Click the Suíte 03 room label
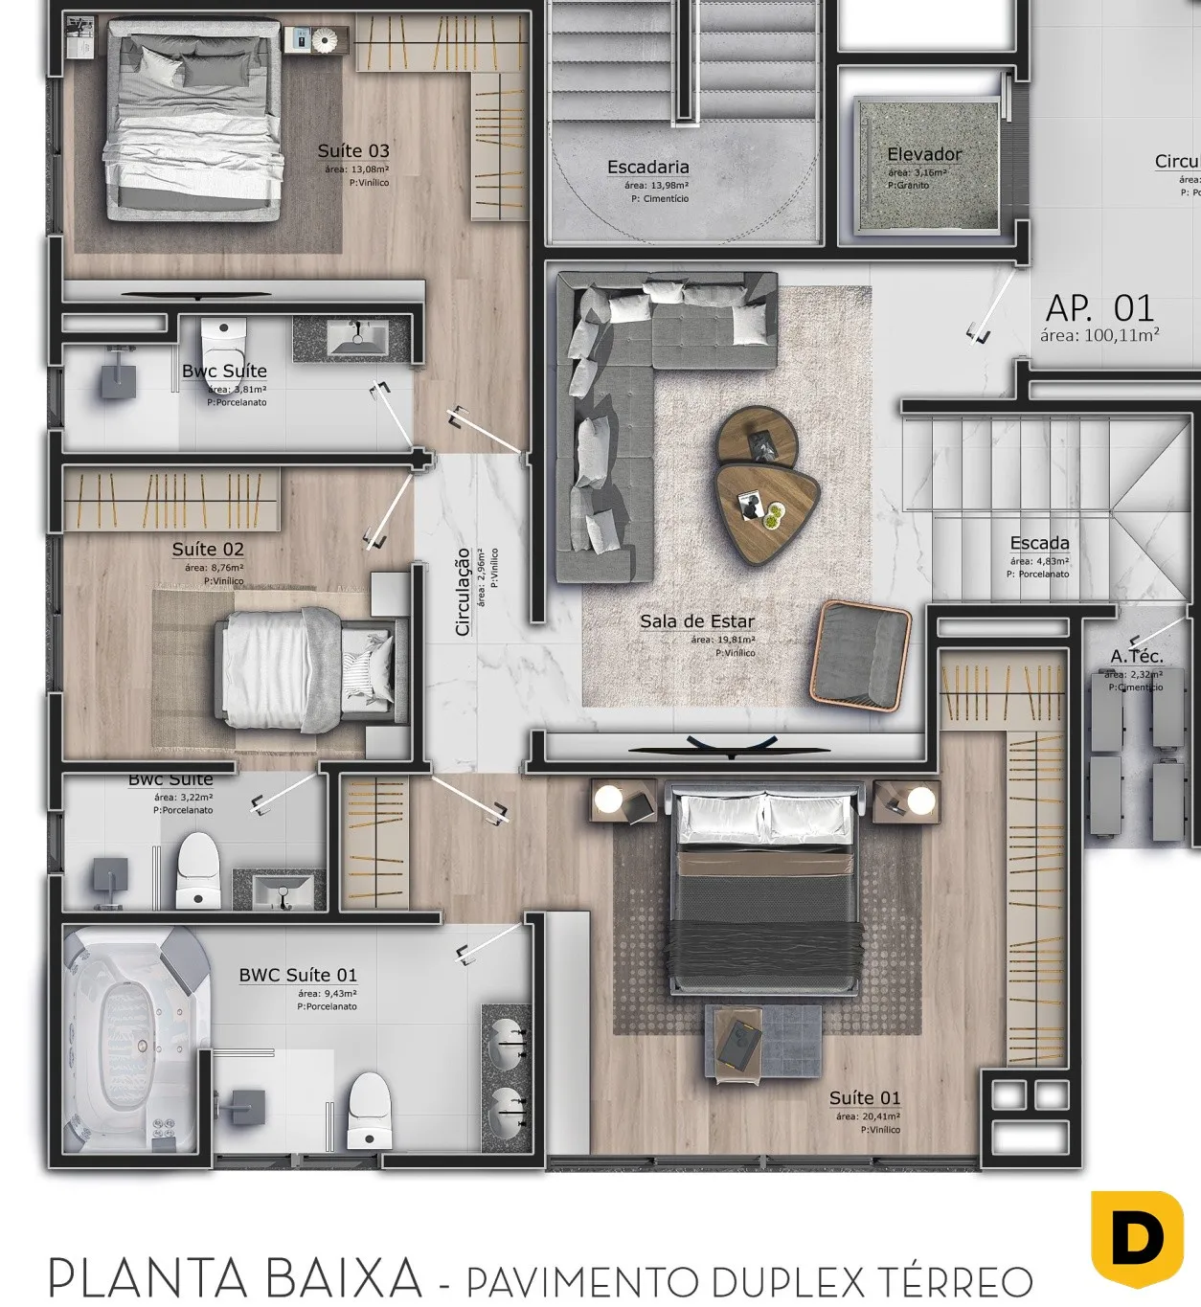point(353,151)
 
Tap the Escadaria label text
point(647,168)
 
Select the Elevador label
point(923,154)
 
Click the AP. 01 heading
point(1099,308)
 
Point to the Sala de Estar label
point(697,621)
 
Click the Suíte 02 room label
point(208,550)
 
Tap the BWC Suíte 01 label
point(298,976)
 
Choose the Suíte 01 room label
point(865,1098)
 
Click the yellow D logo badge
point(1137,1238)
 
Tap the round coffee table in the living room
point(758,437)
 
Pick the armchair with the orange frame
point(860,655)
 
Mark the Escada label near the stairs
point(1039,544)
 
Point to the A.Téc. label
point(1137,656)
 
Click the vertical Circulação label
point(463,592)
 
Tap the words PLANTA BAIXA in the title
point(235,1277)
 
